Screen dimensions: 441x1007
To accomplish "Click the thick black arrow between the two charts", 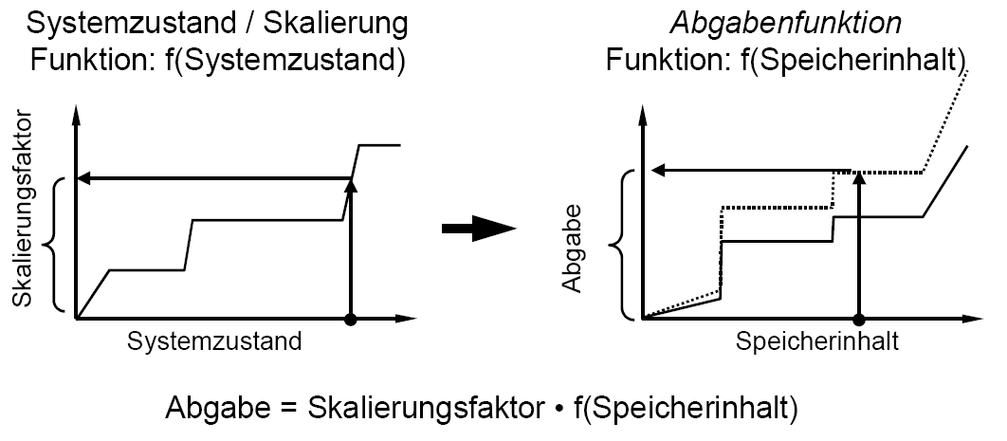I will [478, 229].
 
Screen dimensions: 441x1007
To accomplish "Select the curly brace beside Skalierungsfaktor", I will [55, 245].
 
